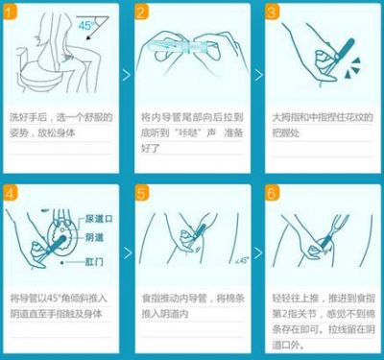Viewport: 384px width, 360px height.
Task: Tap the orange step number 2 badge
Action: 140,12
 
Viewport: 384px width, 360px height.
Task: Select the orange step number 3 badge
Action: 270,12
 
